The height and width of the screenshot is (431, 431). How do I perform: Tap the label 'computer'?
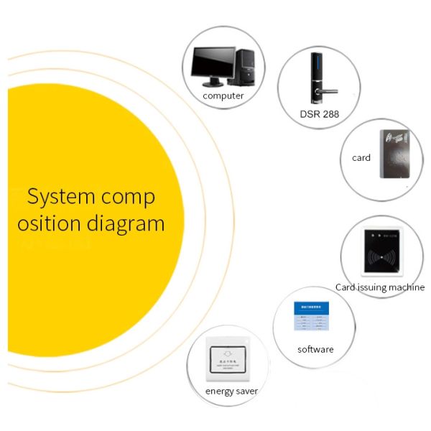tap(223, 96)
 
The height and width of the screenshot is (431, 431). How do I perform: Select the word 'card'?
tap(361, 157)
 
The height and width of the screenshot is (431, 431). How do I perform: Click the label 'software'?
tap(316, 349)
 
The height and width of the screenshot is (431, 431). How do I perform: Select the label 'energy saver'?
tap(231, 391)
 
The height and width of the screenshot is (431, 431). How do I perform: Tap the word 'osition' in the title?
tap(49, 223)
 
